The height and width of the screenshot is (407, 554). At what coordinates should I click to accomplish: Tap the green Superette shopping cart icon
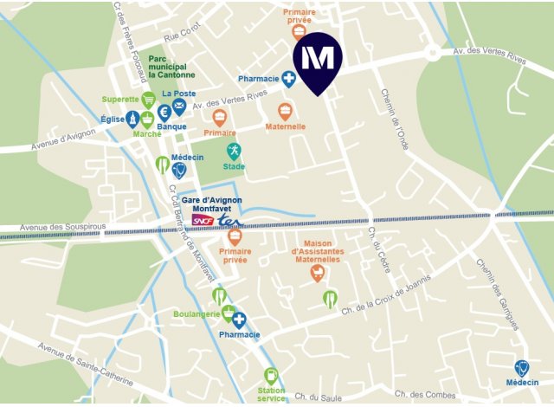[148, 100]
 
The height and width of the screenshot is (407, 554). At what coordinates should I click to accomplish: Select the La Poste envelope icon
[178, 107]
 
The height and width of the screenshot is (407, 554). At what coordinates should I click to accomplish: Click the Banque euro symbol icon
[164, 113]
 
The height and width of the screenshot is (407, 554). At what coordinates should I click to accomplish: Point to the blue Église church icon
[132, 118]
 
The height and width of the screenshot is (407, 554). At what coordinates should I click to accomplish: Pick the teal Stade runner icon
[234, 152]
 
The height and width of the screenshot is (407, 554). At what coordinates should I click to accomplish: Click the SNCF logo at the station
[203, 221]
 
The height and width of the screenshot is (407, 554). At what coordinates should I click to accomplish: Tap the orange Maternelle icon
[285, 112]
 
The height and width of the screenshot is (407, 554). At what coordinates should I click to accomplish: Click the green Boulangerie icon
[228, 313]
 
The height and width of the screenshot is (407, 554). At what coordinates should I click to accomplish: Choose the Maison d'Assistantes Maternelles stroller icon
[318, 274]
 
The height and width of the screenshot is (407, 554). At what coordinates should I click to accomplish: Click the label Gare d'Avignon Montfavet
[212, 204]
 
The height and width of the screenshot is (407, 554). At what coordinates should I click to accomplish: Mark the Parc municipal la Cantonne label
[178, 68]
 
